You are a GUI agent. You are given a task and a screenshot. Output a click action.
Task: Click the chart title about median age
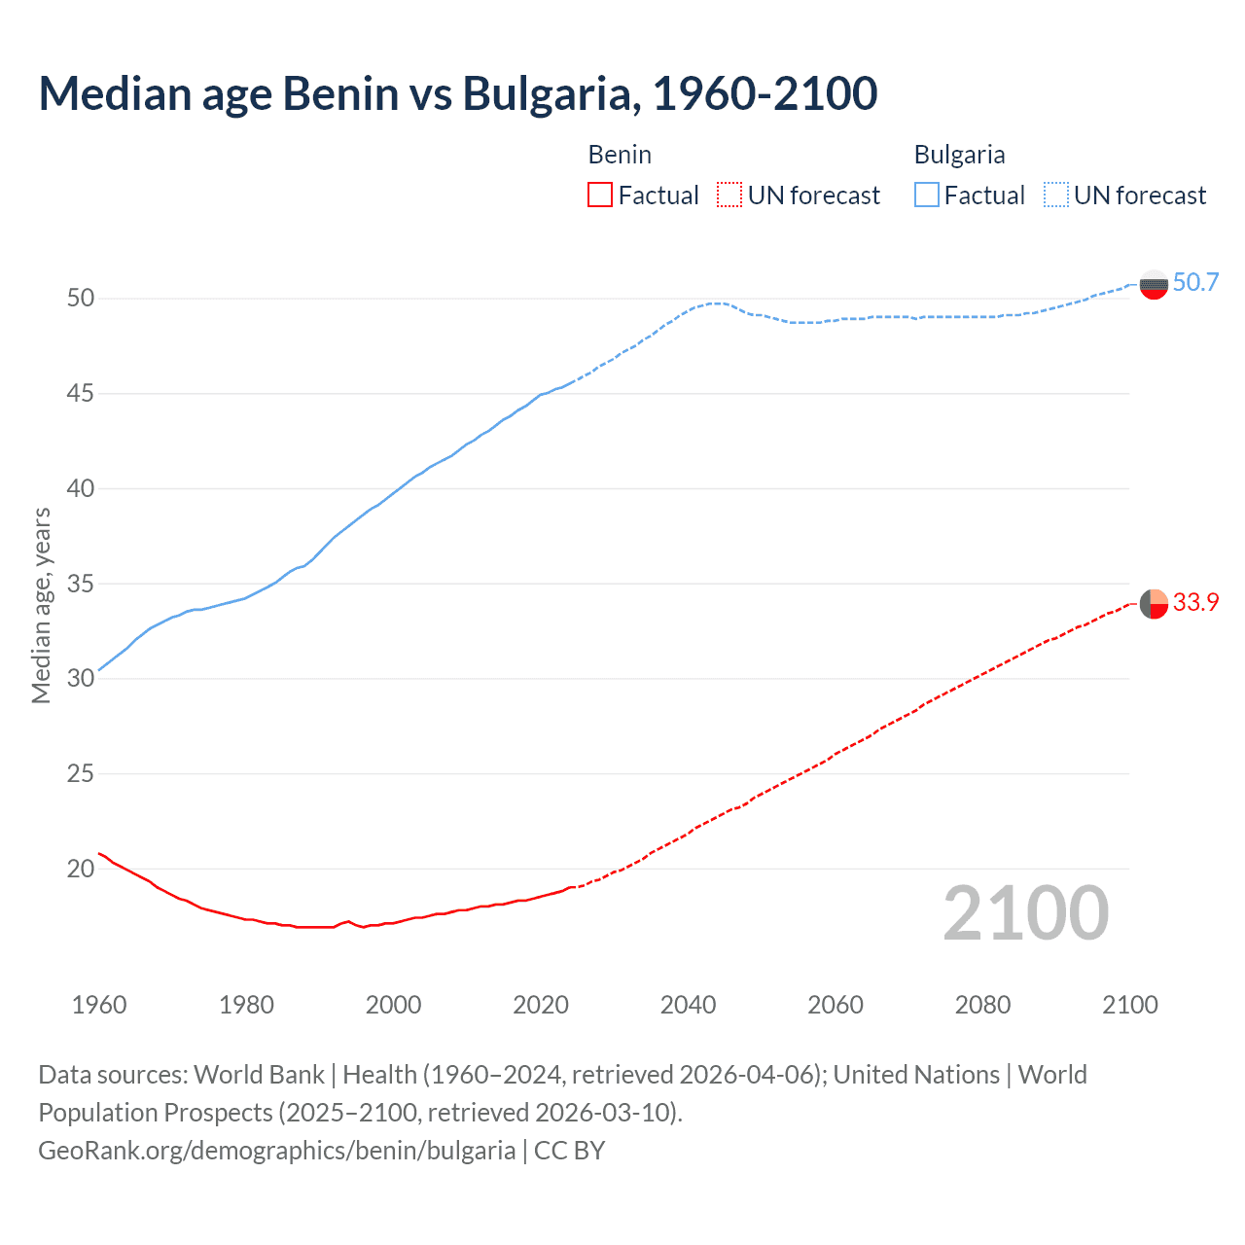point(457,93)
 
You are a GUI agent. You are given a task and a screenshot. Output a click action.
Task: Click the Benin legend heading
point(620,155)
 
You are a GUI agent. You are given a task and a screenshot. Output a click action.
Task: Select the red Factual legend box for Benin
point(600,195)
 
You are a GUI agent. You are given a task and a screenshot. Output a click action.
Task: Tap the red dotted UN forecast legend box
point(729,195)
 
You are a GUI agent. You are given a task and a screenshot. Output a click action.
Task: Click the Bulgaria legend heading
point(959,155)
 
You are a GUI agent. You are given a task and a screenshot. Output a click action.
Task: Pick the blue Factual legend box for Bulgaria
point(927,195)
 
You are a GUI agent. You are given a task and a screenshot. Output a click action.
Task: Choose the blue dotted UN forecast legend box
point(1055,195)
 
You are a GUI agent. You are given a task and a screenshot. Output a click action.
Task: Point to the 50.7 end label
point(1195,282)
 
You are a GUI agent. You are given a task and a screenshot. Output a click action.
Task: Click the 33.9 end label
point(1195,602)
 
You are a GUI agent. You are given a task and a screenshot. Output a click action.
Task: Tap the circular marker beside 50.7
point(1154,284)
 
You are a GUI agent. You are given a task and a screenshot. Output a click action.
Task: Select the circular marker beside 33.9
point(1154,604)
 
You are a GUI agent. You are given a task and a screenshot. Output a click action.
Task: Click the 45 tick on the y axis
point(81,393)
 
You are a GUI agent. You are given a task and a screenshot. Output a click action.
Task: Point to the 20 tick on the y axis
point(81,869)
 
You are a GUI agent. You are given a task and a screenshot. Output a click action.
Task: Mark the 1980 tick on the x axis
point(246,1005)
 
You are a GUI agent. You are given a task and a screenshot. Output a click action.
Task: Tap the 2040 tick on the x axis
point(688,1005)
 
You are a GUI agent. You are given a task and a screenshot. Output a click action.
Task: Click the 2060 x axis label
point(836,1005)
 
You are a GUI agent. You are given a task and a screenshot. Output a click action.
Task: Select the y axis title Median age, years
point(41,605)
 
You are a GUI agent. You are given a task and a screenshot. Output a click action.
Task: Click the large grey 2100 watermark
point(1026,912)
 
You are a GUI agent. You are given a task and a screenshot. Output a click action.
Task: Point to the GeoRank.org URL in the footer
point(276,1151)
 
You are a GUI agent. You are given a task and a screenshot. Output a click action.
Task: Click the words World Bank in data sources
point(259,1075)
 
